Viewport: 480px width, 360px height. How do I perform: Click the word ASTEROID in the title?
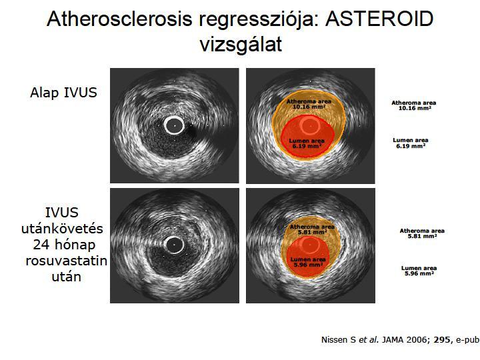pos(379,19)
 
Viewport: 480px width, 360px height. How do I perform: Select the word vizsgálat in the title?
pos(241,45)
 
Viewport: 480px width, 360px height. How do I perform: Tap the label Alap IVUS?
pos(63,93)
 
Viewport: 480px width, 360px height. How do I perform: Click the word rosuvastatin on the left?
pos(67,261)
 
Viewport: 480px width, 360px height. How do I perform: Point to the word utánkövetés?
pos(62,229)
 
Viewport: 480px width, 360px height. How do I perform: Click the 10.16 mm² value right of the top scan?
pos(415,109)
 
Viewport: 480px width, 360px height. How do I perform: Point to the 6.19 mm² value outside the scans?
pos(411,146)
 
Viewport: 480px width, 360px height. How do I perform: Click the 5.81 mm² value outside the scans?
pos(422,236)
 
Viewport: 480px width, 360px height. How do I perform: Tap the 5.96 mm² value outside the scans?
pos(419,273)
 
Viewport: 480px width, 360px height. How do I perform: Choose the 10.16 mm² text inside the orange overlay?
pos(309,107)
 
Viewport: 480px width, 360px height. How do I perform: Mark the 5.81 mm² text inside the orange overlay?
pos(312,232)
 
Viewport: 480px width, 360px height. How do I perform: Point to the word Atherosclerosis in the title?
pos(120,19)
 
